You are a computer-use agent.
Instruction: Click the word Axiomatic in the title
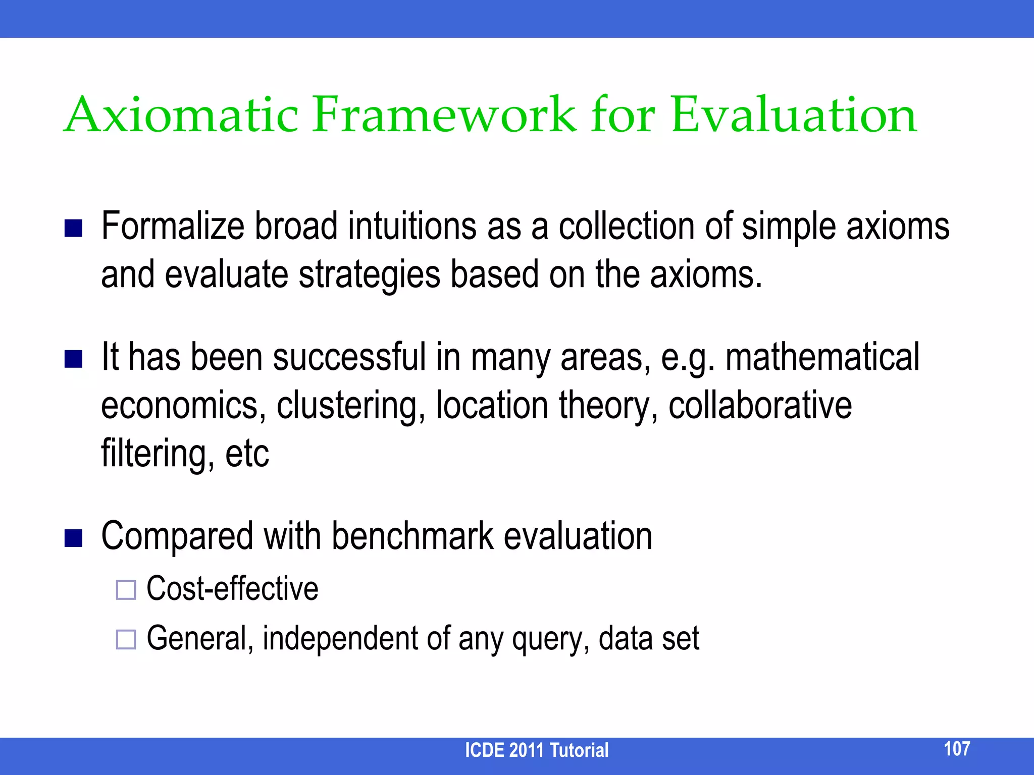pyautogui.click(x=182, y=115)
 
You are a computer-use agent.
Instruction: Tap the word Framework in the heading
pyautogui.click(x=443, y=115)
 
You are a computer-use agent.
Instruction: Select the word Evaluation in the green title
pyautogui.click(x=794, y=115)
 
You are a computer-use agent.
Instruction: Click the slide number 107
pyautogui.click(x=957, y=748)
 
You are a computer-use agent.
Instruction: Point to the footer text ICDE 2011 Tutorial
pyautogui.click(x=536, y=750)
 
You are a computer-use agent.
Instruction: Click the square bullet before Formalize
pyautogui.click(x=74, y=228)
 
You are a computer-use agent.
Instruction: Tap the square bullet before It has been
pyautogui.click(x=74, y=359)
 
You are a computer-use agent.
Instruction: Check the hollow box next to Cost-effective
pyautogui.click(x=126, y=590)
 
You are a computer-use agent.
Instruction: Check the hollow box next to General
pyautogui.click(x=126, y=639)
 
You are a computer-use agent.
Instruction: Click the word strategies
pyautogui.click(x=370, y=275)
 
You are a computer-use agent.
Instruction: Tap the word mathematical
pyautogui.click(x=822, y=357)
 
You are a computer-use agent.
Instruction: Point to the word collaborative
pyautogui.click(x=760, y=405)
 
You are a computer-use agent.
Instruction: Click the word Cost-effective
pyautogui.click(x=232, y=588)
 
